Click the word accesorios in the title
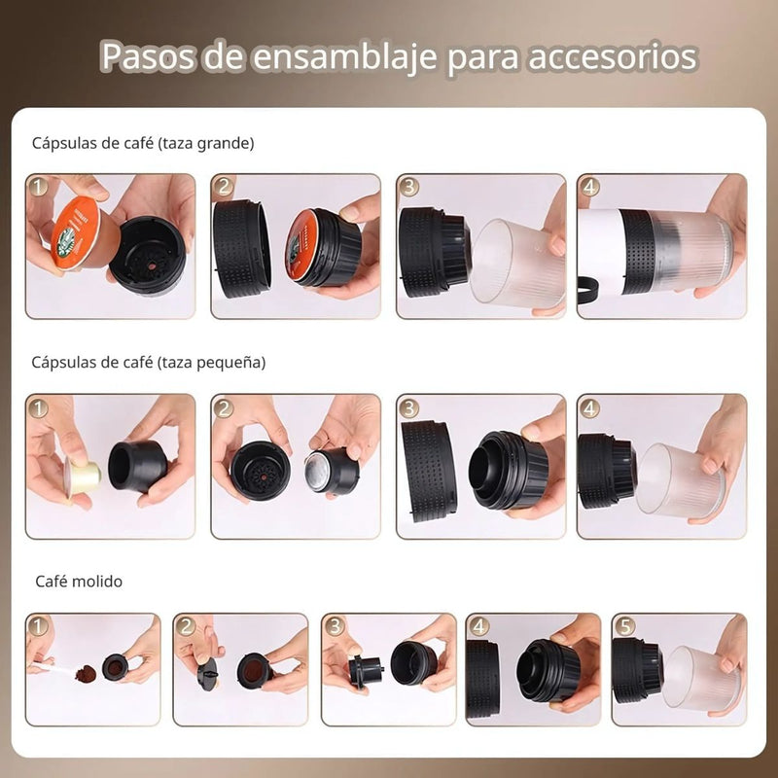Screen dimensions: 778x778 (613, 57)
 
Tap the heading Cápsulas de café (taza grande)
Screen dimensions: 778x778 (143, 143)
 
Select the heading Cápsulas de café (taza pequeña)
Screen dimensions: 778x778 (149, 362)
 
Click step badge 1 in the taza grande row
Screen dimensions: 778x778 (38, 186)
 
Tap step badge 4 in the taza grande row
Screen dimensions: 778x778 (589, 186)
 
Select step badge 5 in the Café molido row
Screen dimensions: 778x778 (623, 625)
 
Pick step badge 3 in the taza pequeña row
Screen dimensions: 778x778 (409, 407)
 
